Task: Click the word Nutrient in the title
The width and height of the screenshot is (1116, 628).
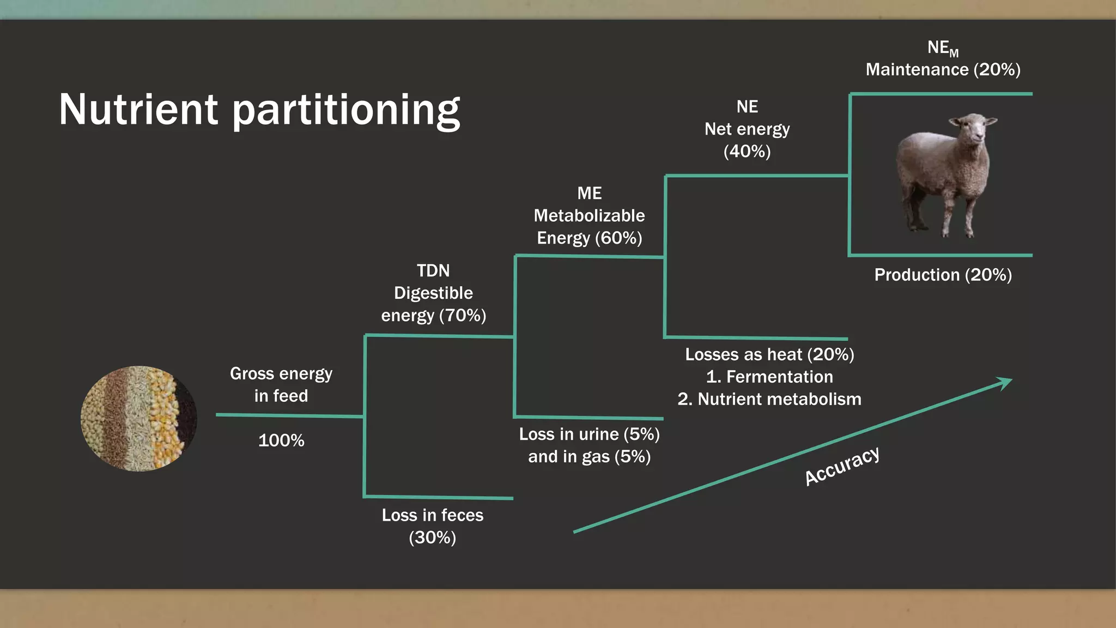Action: pos(138,109)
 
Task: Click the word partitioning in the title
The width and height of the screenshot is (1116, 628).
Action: pos(347,111)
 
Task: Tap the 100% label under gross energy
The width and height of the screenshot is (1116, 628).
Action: pos(281,440)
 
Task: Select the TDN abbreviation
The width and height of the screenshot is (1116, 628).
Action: pos(433,271)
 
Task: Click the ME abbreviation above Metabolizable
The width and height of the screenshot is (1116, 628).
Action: pos(589,194)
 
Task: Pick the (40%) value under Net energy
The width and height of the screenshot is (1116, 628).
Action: pos(747,152)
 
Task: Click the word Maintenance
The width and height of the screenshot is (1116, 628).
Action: pos(917,70)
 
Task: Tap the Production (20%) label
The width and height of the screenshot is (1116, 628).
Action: pos(943,275)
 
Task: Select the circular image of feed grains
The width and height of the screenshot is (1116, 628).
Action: pos(139,419)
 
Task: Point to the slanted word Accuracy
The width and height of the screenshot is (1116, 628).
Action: pos(842,466)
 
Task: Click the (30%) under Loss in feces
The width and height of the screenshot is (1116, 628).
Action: pos(433,538)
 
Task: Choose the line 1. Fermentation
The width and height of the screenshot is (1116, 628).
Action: pos(769,377)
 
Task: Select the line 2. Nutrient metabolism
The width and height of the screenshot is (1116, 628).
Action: pos(769,400)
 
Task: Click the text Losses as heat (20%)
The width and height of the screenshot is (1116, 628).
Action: pos(769,355)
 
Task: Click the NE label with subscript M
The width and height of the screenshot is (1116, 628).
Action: pos(942,49)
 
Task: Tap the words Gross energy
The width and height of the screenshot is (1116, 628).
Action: pos(281,374)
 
